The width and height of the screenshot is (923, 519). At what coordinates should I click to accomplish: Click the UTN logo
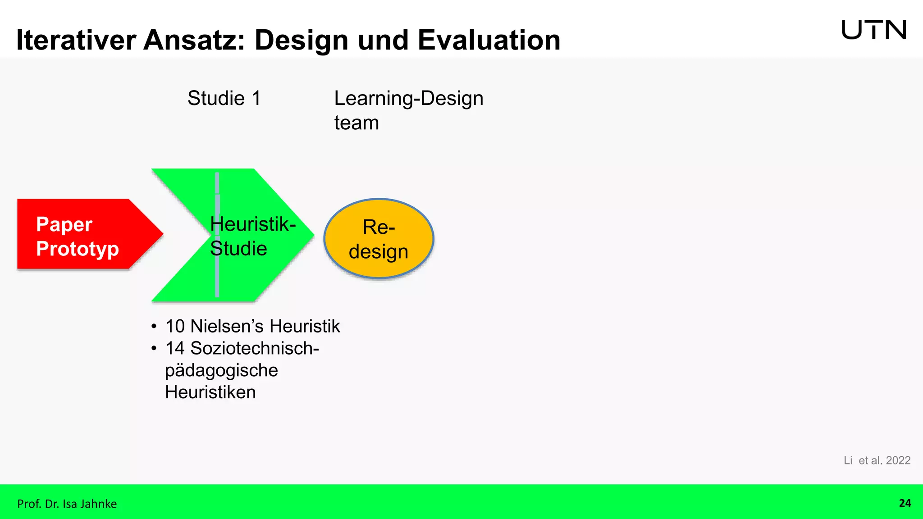[873, 30]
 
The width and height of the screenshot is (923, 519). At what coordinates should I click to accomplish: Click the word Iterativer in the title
[76, 40]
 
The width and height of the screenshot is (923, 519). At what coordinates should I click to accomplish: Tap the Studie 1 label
[224, 98]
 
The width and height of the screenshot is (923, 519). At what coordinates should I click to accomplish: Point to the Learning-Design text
[408, 98]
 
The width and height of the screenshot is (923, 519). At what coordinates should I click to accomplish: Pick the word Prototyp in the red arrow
[78, 249]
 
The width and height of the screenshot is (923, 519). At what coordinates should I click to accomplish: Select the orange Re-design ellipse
[379, 238]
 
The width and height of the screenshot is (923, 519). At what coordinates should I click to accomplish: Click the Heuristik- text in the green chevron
[253, 224]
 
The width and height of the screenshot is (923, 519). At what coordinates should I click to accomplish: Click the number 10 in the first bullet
[175, 326]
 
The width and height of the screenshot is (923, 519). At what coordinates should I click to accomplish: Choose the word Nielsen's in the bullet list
[228, 326]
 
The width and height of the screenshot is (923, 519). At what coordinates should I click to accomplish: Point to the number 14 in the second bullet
[175, 348]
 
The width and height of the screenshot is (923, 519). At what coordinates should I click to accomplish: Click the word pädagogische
[221, 370]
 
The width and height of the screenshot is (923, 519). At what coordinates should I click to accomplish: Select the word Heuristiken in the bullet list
[210, 392]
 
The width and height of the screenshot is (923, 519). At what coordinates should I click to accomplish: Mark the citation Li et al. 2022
[877, 460]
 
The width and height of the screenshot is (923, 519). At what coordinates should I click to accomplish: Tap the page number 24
[905, 503]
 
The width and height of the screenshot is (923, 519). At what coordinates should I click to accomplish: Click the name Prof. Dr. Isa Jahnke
[67, 504]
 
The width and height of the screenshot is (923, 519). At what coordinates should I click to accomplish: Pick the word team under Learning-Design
[356, 123]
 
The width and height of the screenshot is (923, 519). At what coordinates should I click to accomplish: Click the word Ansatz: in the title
[195, 40]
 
